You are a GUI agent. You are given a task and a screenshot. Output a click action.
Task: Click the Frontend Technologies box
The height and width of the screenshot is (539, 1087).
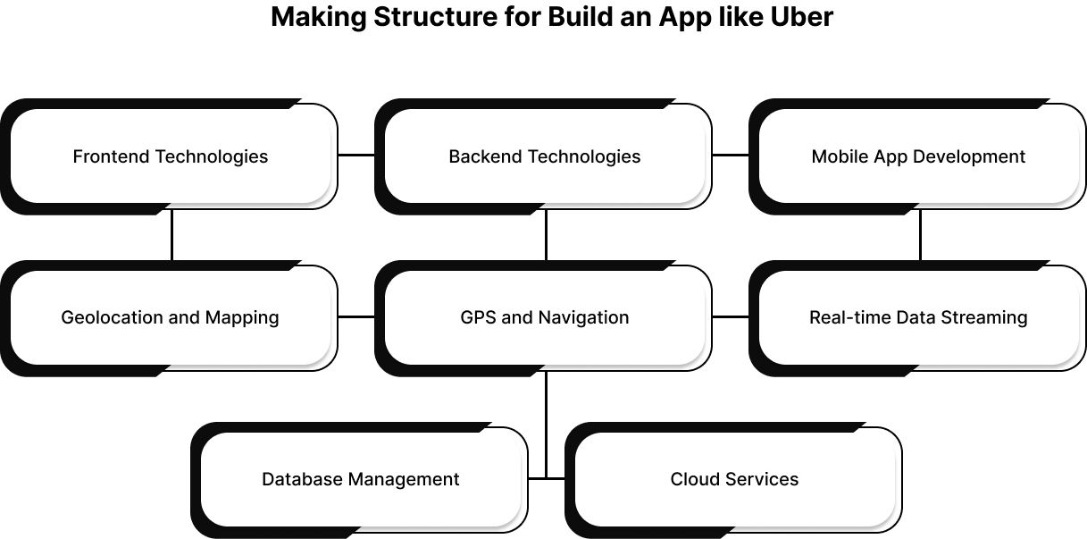(x=170, y=156)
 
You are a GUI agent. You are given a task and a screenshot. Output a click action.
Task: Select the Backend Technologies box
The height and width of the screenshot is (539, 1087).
(x=545, y=156)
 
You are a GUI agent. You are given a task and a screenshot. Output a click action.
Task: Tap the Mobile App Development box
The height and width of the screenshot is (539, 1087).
(x=918, y=156)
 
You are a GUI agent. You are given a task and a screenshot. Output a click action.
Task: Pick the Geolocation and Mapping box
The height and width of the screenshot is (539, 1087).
(x=170, y=317)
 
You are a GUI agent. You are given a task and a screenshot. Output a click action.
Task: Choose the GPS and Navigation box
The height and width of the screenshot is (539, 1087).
(x=545, y=317)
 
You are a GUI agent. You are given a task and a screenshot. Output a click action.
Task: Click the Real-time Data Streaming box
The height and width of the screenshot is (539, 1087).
(x=918, y=317)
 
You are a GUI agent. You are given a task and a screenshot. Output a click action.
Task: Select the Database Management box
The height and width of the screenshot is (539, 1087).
(x=360, y=479)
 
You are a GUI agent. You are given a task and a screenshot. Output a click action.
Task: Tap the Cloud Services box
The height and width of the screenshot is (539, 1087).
(x=734, y=479)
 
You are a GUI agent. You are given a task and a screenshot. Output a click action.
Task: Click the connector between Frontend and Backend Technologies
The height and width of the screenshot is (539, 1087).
(x=356, y=155)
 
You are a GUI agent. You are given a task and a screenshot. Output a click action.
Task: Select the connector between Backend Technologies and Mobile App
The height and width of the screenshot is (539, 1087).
(x=731, y=155)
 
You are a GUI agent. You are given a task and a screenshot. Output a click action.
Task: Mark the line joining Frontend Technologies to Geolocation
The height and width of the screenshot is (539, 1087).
(x=171, y=236)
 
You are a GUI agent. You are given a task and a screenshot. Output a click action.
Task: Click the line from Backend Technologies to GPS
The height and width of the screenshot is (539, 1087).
(x=546, y=236)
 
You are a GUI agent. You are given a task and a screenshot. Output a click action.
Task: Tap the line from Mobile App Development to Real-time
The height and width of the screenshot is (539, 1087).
(x=920, y=236)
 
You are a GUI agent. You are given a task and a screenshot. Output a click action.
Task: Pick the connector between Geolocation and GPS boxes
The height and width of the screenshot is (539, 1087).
(x=356, y=316)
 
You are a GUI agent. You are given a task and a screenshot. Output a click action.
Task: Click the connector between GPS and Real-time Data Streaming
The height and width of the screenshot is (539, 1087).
(x=731, y=316)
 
